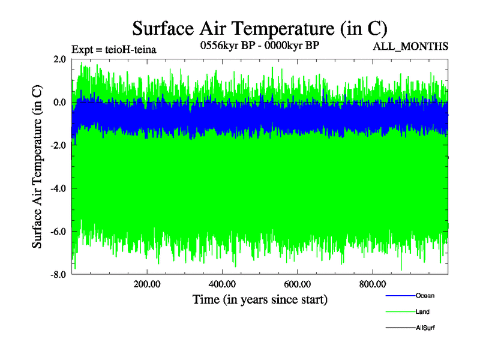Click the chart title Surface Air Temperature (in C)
click(260, 28)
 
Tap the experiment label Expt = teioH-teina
click(114, 50)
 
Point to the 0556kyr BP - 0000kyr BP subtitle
click(259, 46)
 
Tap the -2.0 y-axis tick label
click(58, 146)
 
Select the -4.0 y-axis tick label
click(58, 189)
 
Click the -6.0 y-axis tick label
click(58, 232)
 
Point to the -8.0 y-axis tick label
click(58, 275)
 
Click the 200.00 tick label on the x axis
click(146, 284)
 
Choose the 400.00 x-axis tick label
click(221, 284)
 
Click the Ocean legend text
click(425, 296)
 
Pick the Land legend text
click(422, 312)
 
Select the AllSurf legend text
click(425, 328)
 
